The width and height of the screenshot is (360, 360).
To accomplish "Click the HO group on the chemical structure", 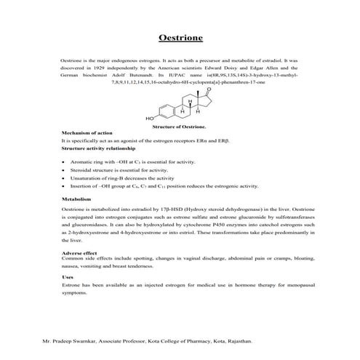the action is click(149, 117).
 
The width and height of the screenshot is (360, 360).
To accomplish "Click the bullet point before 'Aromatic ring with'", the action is click(65, 161).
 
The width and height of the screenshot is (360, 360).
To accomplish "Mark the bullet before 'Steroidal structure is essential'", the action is click(65, 169).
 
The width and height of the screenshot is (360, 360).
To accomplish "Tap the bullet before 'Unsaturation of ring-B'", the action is click(65, 177).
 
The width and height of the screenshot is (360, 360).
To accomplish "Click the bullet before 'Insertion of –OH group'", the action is click(65, 185).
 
